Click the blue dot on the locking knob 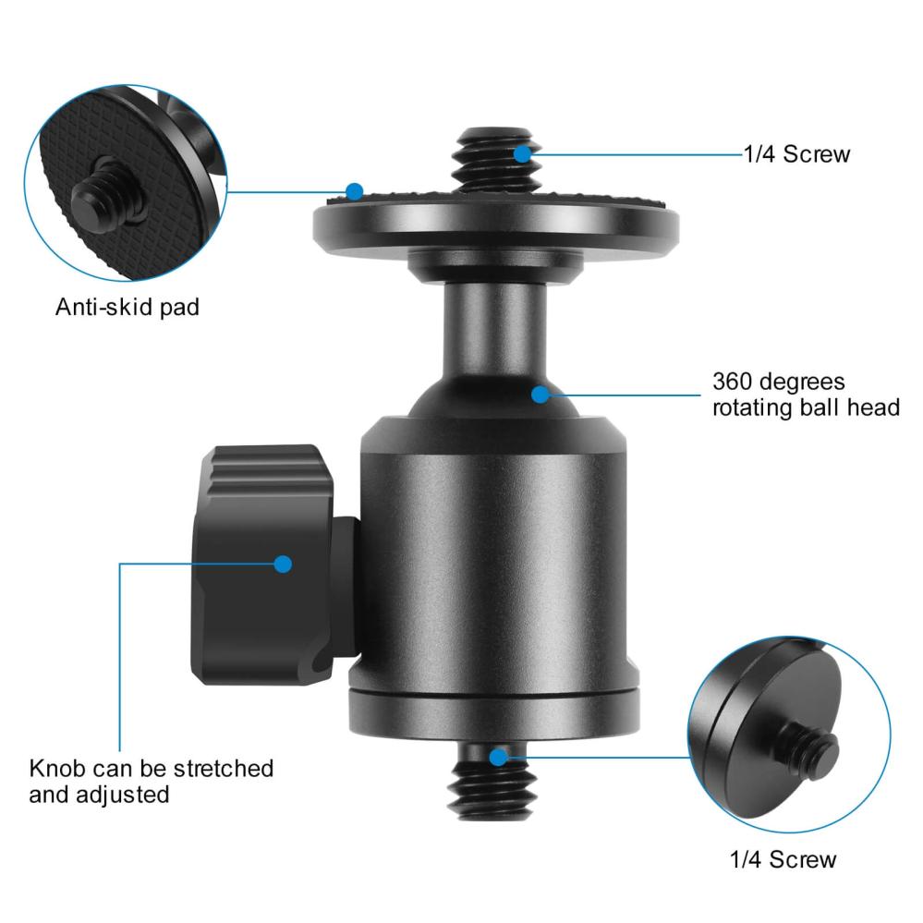tap(283, 563)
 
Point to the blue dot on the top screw tap(524, 153)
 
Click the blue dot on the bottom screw tap(498, 758)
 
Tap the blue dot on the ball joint tap(540, 395)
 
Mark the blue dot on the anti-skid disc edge tap(355, 191)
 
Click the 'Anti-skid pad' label tap(127, 307)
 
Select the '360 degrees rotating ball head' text tap(805, 395)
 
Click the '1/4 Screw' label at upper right tap(796, 154)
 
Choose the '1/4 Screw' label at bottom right tap(783, 859)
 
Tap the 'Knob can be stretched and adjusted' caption tap(152, 781)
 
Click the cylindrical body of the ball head tap(494, 554)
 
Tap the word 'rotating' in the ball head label tap(748, 407)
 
